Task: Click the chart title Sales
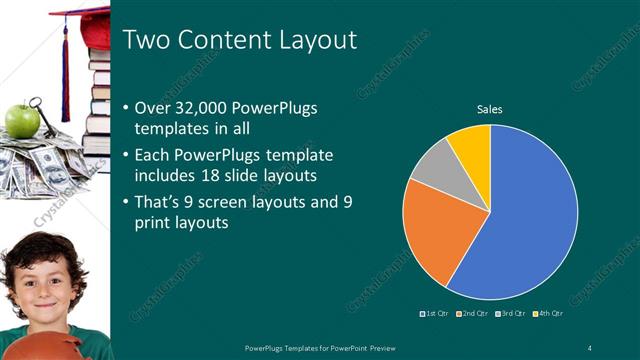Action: point(489,109)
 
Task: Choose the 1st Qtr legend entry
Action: point(435,315)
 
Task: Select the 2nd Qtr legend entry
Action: point(474,315)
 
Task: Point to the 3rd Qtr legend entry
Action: point(513,315)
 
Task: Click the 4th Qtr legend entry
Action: point(551,315)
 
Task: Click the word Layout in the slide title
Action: point(317,40)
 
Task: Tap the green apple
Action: point(22,121)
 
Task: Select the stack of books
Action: point(97,100)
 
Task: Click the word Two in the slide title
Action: point(146,40)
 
